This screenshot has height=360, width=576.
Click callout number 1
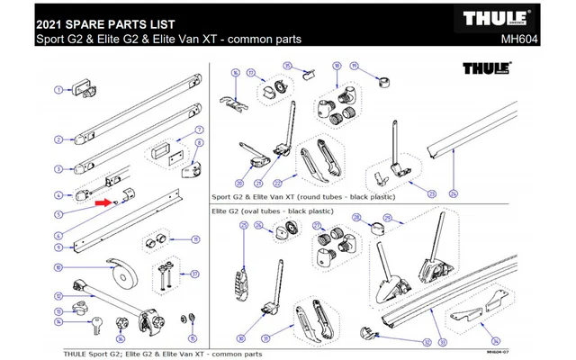click(x=58, y=89)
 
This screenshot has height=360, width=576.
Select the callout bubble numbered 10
click(x=58, y=267)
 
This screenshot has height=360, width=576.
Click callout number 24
click(x=454, y=194)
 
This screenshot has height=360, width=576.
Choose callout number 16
click(x=235, y=72)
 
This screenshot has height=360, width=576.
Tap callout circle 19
click(x=355, y=67)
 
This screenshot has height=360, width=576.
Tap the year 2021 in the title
click(x=52, y=20)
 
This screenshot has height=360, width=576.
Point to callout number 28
click(x=355, y=217)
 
